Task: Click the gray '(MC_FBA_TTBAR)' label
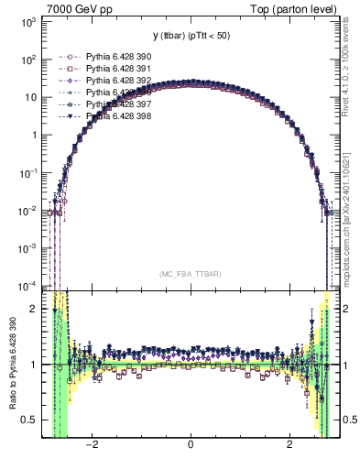pyautogui.click(x=190, y=275)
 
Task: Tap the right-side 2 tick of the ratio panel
pyautogui.click(x=347, y=309)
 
